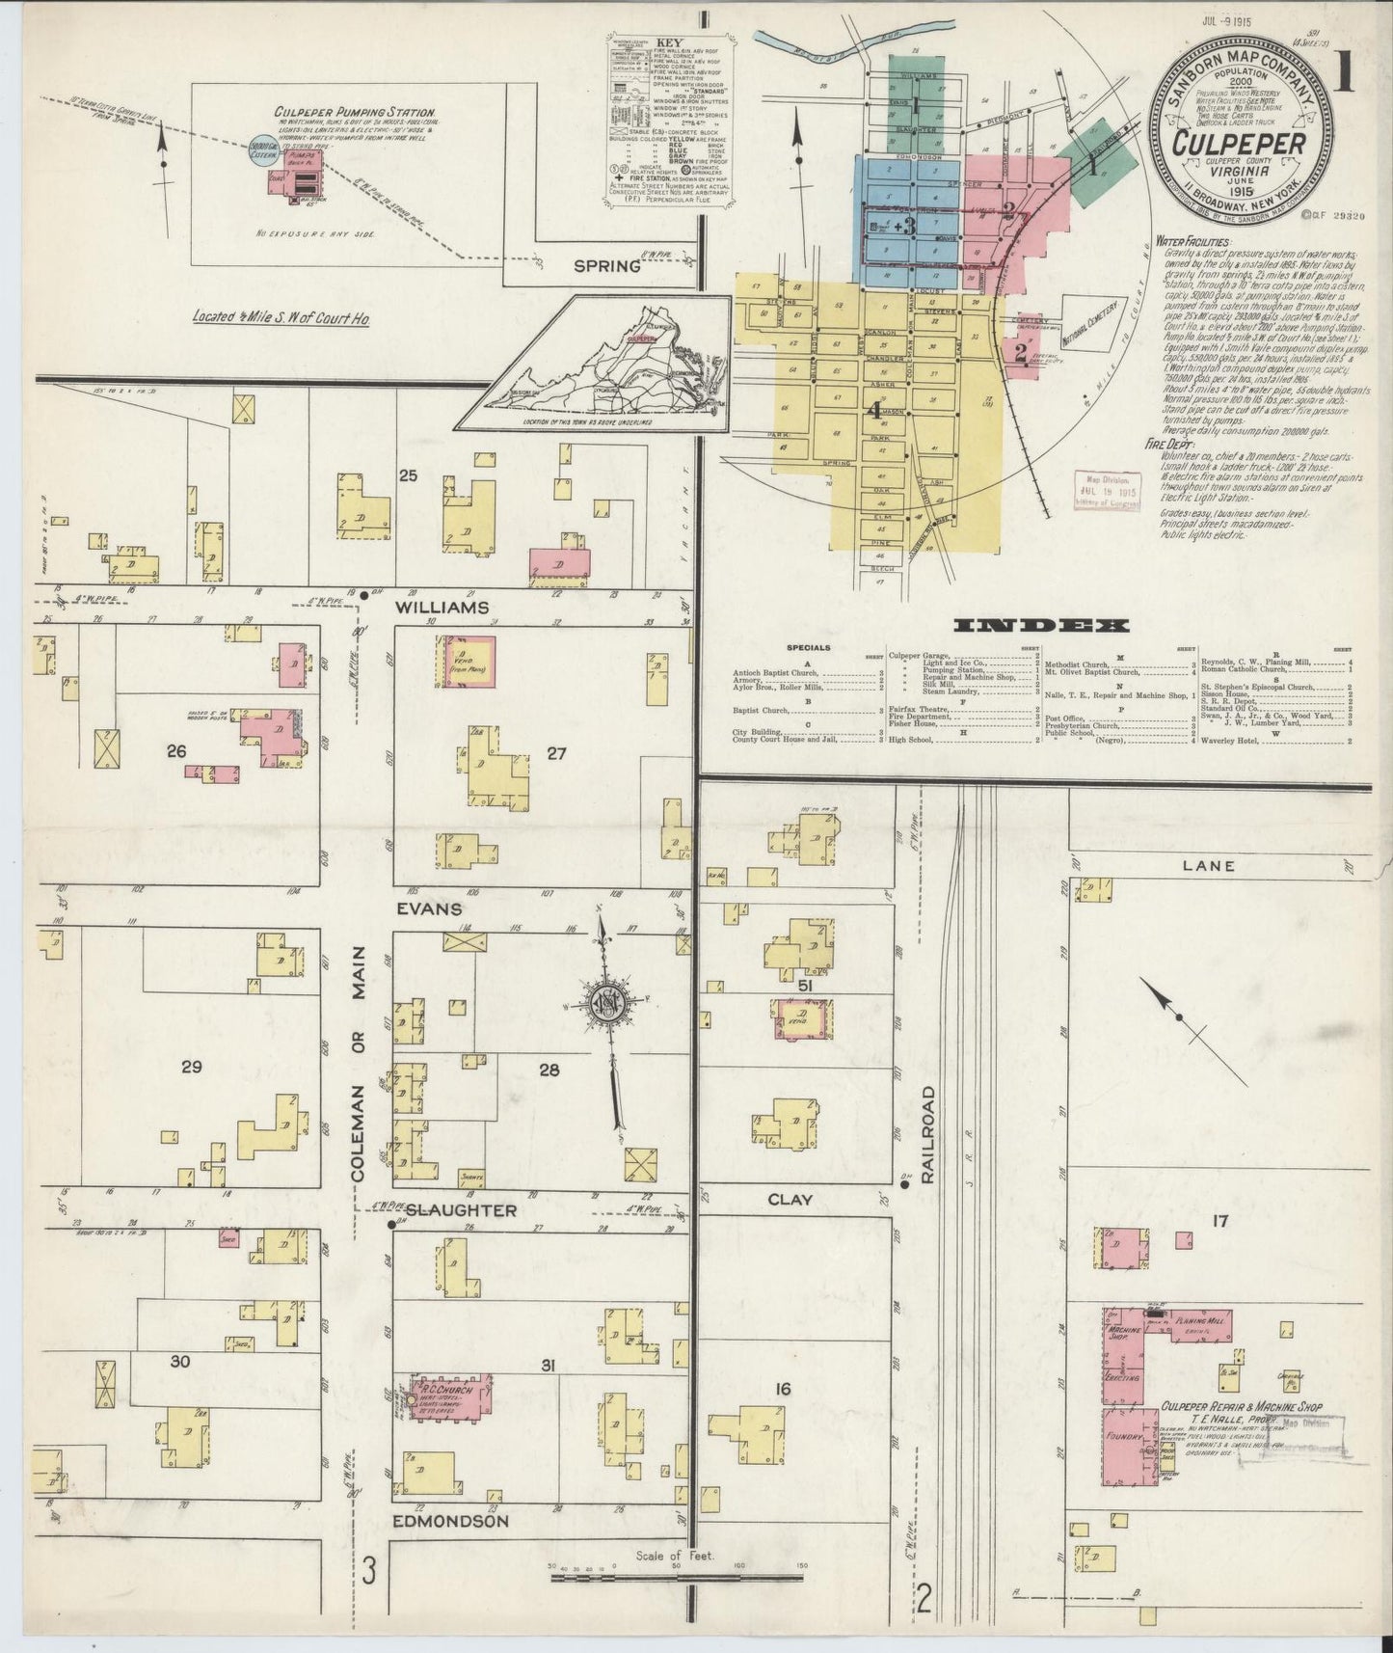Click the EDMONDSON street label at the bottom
click(x=449, y=1521)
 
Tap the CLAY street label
click(x=790, y=1200)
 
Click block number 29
click(x=191, y=1066)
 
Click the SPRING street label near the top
click(x=607, y=266)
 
